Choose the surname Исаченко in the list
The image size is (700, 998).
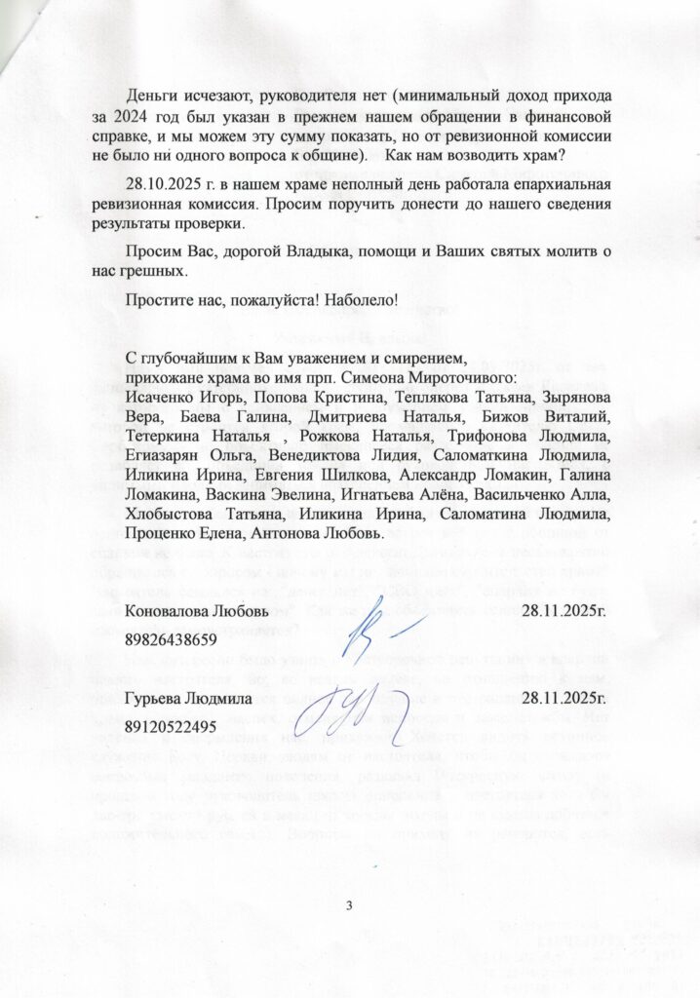(x=159, y=398)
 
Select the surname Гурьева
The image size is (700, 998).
(x=155, y=700)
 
